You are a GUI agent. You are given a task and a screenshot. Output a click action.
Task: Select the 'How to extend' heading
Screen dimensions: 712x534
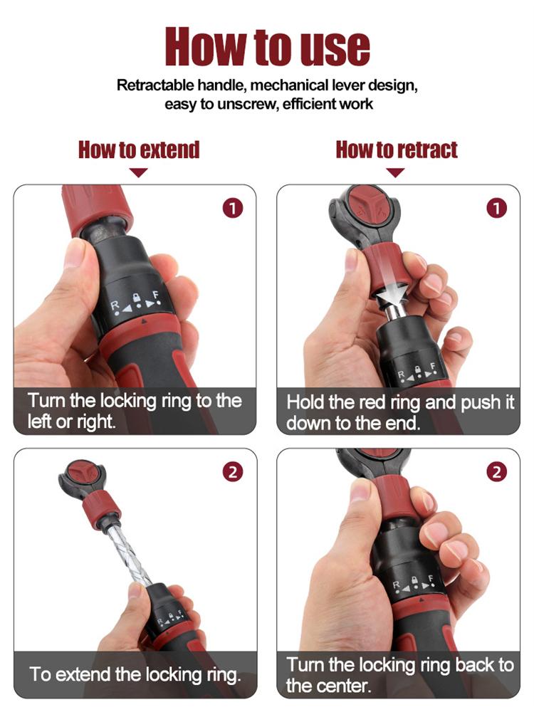(139, 150)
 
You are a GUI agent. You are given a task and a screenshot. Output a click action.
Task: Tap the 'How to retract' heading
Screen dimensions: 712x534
(397, 150)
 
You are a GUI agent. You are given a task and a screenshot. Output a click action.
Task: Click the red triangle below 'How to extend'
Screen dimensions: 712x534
(139, 172)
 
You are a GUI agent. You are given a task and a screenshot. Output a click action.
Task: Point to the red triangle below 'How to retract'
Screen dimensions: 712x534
(396, 172)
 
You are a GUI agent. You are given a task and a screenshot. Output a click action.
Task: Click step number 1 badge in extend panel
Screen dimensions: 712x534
(233, 208)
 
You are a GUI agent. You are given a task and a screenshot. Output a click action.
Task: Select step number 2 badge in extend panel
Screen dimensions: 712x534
(233, 471)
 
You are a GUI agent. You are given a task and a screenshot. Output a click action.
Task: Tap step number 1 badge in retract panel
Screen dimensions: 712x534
(496, 208)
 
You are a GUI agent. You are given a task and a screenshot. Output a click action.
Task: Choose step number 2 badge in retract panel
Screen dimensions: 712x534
(496, 471)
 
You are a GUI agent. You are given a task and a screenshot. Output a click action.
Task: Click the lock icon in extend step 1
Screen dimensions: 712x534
(137, 298)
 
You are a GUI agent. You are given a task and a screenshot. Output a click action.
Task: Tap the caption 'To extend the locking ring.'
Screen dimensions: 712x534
(135, 673)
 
